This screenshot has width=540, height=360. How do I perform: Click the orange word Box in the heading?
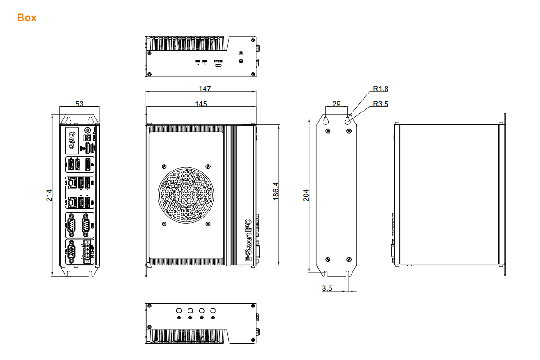click(x=27, y=18)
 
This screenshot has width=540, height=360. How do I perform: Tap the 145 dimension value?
click(x=201, y=104)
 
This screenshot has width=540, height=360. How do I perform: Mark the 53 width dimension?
click(x=79, y=104)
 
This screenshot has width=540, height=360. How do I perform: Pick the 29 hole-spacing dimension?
click(x=336, y=104)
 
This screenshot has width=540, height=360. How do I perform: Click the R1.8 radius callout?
click(x=381, y=89)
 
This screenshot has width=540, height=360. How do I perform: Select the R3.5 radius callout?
click(x=381, y=104)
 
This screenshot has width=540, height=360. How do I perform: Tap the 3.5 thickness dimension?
click(x=327, y=288)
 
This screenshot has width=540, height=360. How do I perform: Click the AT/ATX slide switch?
click(x=218, y=65)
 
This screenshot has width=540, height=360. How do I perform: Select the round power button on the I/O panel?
click(x=88, y=131)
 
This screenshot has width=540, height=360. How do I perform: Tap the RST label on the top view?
click(x=198, y=61)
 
